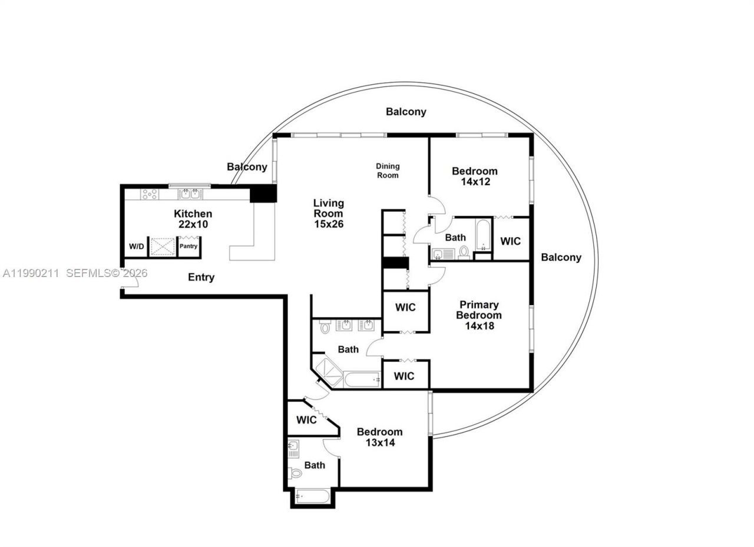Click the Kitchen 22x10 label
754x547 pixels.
(x=193, y=219)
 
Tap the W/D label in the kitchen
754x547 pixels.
(x=136, y=246)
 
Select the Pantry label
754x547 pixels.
(x=188, y=246)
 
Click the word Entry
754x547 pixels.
(x=201, y=277)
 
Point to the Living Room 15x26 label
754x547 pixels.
(x=328, y=213)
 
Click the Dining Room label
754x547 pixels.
(x=388, y=171)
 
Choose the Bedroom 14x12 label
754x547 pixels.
(x=474, y=176)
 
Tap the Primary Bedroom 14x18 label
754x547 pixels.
(x=479, y=315)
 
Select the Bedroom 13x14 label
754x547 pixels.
(x=379, y=437)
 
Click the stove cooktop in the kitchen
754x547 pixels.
(x=150, y=194)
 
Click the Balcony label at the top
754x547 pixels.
(x=406, y=111)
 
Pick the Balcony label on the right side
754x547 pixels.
(x=561, y=257)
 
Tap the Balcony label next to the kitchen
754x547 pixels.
(x=247, y=166)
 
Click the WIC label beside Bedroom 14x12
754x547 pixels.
(x=510, y=241)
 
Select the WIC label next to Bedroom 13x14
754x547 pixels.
(x=306, y=420)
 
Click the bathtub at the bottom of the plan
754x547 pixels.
(x=313, y=496)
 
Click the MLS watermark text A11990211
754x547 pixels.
(x=31, y=273)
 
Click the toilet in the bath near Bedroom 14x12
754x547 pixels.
(x=464, y=253)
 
